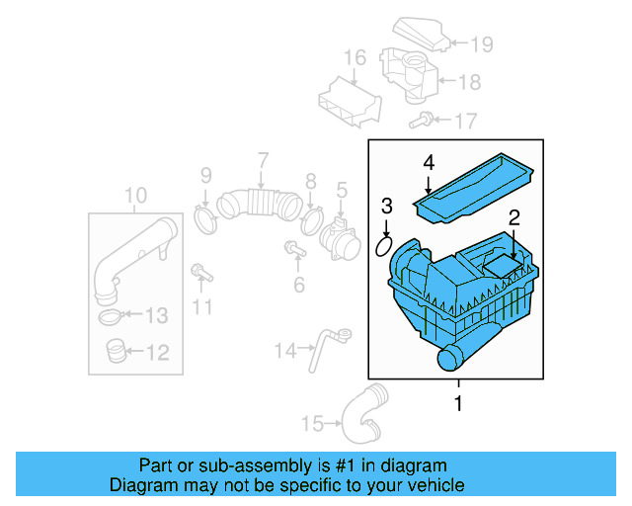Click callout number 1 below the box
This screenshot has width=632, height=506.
point(457,403)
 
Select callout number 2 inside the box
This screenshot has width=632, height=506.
point(514,218)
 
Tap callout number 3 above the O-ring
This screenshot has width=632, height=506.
point(387,207)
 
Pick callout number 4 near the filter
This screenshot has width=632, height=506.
point(429,162)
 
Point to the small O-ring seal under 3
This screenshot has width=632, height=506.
point(387,242)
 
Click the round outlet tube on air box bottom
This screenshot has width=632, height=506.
point(449,359)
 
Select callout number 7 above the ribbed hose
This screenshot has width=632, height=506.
point(263,160)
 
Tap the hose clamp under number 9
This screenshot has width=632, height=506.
point(206,217)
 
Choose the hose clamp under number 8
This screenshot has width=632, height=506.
point(313,216)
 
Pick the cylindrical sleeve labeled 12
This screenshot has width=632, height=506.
point(116,350)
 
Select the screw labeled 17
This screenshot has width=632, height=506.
point(420,123)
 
